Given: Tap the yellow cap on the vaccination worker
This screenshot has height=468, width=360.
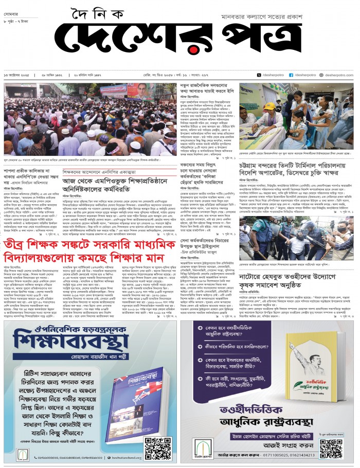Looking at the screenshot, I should click(269, 106).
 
